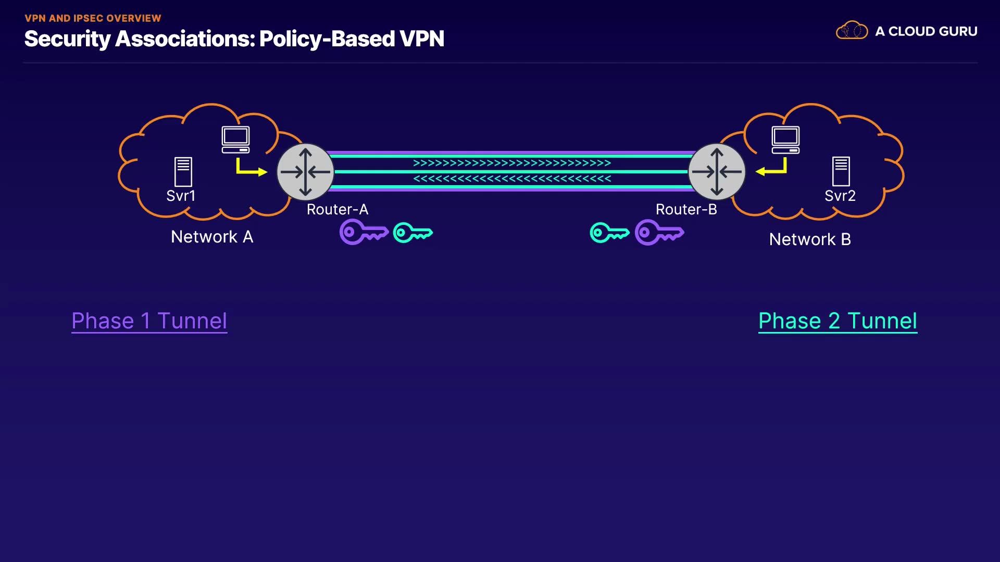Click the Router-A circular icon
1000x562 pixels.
305,172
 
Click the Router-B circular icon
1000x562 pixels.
717,172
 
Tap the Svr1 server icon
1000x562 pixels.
183,172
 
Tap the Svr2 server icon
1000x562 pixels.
841,171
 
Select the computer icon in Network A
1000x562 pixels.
235,139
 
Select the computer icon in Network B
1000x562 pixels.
785,139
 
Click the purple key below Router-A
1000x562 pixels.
364,232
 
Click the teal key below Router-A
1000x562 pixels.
413,233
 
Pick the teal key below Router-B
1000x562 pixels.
609,233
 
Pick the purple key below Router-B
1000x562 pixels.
659,232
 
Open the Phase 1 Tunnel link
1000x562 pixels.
149,321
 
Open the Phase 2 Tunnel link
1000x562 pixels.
838,321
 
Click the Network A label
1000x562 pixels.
212,237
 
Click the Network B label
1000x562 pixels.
810,239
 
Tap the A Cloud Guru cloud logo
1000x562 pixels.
852,31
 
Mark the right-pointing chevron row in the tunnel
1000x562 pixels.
511,163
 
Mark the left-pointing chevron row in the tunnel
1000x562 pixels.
511,179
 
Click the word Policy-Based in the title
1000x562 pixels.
327,39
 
